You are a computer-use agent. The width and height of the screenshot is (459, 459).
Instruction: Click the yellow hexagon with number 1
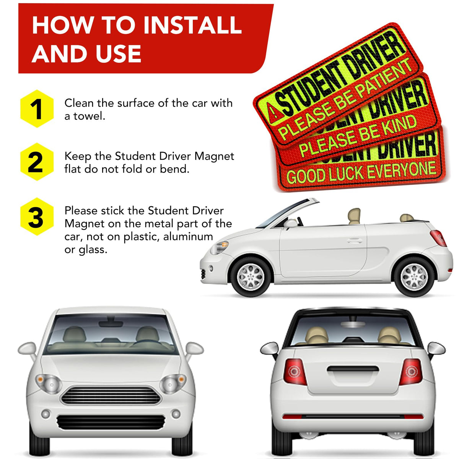click(x=37, y=109)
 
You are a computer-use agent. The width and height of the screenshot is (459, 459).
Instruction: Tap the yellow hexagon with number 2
click(x=37, y=162)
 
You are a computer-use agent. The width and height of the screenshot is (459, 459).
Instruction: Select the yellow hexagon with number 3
click(x=37, y=216)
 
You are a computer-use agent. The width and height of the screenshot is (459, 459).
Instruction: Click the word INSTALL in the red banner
click(x=192, y=25)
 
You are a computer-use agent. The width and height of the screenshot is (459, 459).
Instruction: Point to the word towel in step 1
click(x=89, y=116)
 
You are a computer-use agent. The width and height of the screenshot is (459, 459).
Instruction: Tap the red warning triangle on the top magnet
click(x=272, y=110)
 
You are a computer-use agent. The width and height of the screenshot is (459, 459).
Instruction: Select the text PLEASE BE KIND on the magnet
click(x=358, y=135)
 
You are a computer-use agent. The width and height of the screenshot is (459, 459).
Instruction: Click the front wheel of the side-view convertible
click(x=251, y=277)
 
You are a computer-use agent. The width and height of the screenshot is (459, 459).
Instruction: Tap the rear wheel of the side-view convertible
click(x=415, y=277)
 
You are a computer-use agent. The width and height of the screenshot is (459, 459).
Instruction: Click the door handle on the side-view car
click(x=355, y=241)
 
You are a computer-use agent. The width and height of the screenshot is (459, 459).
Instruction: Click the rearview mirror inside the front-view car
click(x=111, y=323)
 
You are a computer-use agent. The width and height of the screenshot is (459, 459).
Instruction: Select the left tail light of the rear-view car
click(x=295, y=372)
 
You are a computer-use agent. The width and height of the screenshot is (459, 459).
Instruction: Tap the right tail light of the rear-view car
click(x=411, y=372)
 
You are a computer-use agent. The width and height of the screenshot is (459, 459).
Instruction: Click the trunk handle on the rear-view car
click(x=353, y=369)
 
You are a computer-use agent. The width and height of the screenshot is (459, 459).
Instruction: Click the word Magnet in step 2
click(x=214, y=157)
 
